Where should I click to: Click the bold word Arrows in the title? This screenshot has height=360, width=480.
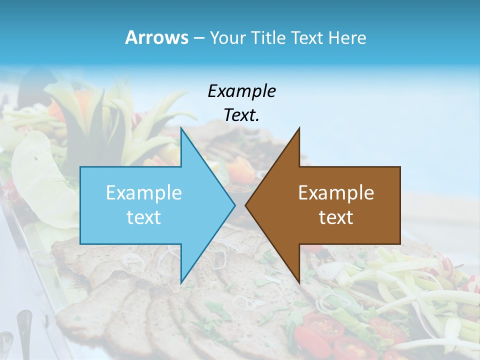(156, 37)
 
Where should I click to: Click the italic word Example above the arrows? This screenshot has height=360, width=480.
(241, 91)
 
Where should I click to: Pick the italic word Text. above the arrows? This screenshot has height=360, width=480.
(241, 115)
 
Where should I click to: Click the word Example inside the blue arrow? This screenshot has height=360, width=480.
(143, 192)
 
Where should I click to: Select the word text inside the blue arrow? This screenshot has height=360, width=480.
(143, 217)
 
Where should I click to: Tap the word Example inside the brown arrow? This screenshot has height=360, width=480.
(336, 192)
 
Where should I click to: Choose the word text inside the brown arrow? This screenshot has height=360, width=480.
(336, 217)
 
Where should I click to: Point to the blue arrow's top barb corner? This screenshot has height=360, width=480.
(181, 128)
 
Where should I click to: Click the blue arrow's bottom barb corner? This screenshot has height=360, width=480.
(181, 283)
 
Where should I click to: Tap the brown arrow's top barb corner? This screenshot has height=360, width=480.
(299, 128)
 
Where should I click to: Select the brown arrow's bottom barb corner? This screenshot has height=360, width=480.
(299, 283)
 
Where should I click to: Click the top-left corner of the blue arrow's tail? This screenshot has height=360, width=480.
(80, 167)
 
